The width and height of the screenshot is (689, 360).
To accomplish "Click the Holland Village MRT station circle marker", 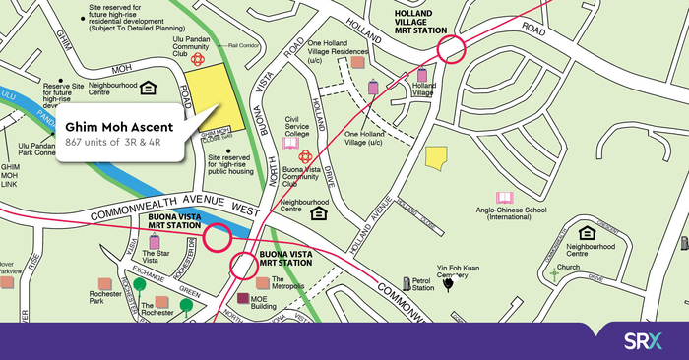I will pyautogui.click(x=452, y=50).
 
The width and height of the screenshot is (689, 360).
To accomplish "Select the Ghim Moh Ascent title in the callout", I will pyautogui.click(x=119, y=127).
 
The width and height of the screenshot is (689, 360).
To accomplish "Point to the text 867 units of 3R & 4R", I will pyautogui.click(x=119, y=144).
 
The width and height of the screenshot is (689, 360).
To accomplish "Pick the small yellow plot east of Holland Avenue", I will pyautogui.click(x=435, y=158).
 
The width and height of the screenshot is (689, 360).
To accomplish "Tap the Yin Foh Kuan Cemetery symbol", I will pyautogui.click(x=448, y=285).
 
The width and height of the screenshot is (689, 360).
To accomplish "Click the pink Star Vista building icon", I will pyautogui.click(x=154, y=242).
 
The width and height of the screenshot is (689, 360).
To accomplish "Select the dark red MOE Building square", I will pyautogui.click(x=243, y=299).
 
